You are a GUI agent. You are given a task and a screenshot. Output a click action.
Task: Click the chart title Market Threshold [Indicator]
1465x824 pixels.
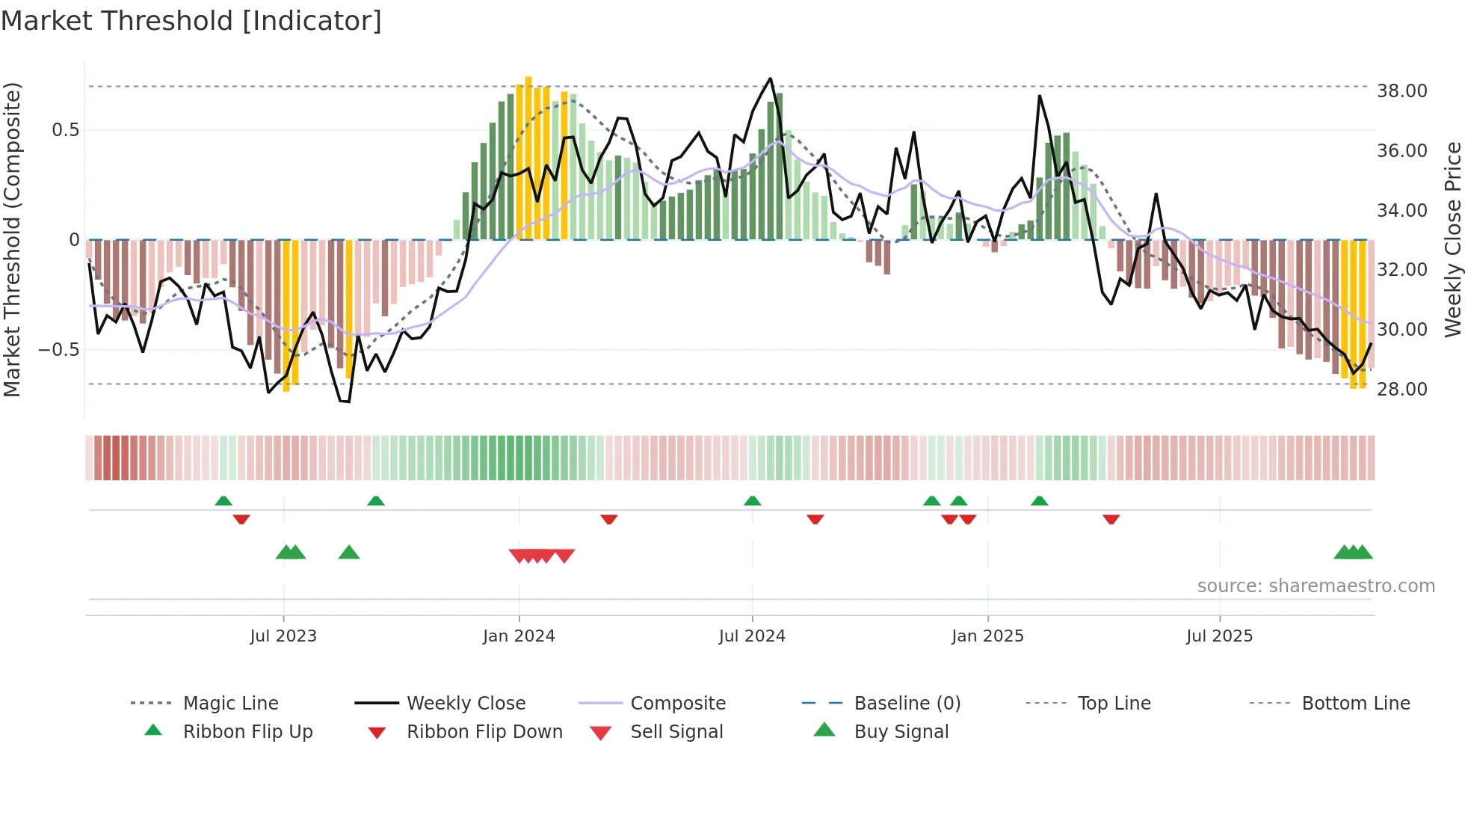[x=191, y=21]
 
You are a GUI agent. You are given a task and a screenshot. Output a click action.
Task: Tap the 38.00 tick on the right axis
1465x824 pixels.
[x=1401, y=91]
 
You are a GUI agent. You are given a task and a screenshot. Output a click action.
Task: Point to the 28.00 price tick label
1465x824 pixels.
[x=1401, y=390]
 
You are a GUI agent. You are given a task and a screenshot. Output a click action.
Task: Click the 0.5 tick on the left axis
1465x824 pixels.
[x=65, y=130]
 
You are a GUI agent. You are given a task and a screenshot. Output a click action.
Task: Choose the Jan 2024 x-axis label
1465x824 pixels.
[x=519, y=636]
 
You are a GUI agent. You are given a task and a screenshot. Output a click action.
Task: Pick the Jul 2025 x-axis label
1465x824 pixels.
[x=1219, y=636]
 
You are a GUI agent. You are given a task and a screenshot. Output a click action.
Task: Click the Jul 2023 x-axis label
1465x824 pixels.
[x=283, y=636]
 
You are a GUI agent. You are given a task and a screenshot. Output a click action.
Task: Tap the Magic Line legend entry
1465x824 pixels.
[x=230, y=704]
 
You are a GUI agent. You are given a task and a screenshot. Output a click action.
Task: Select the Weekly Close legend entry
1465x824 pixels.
[x=466, y=704]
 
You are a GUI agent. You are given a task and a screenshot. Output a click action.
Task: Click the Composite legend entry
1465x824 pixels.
[x=677, y=704]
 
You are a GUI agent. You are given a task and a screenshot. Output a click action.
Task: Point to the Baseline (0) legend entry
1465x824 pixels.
[x=907, y=704]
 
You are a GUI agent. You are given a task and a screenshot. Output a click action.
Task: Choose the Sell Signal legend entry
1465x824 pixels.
[x=676, y=732]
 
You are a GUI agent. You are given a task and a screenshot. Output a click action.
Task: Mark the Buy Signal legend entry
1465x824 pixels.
[x=901, y=732]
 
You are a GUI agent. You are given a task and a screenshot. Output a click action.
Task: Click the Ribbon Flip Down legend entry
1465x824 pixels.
[x=484, y=732]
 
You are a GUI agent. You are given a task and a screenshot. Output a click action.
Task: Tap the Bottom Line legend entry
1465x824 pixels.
[x=1355, y=704]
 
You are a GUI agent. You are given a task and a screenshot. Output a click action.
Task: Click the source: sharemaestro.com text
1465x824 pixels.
[x=1316, y=586]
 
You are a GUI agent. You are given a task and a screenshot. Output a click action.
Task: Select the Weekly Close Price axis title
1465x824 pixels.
[x=1452, y=239]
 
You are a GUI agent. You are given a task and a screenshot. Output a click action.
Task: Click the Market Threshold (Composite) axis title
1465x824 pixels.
[x=12, y=239]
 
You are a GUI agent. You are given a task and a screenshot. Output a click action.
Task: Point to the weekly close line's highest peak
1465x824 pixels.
[x=770, y=79]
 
